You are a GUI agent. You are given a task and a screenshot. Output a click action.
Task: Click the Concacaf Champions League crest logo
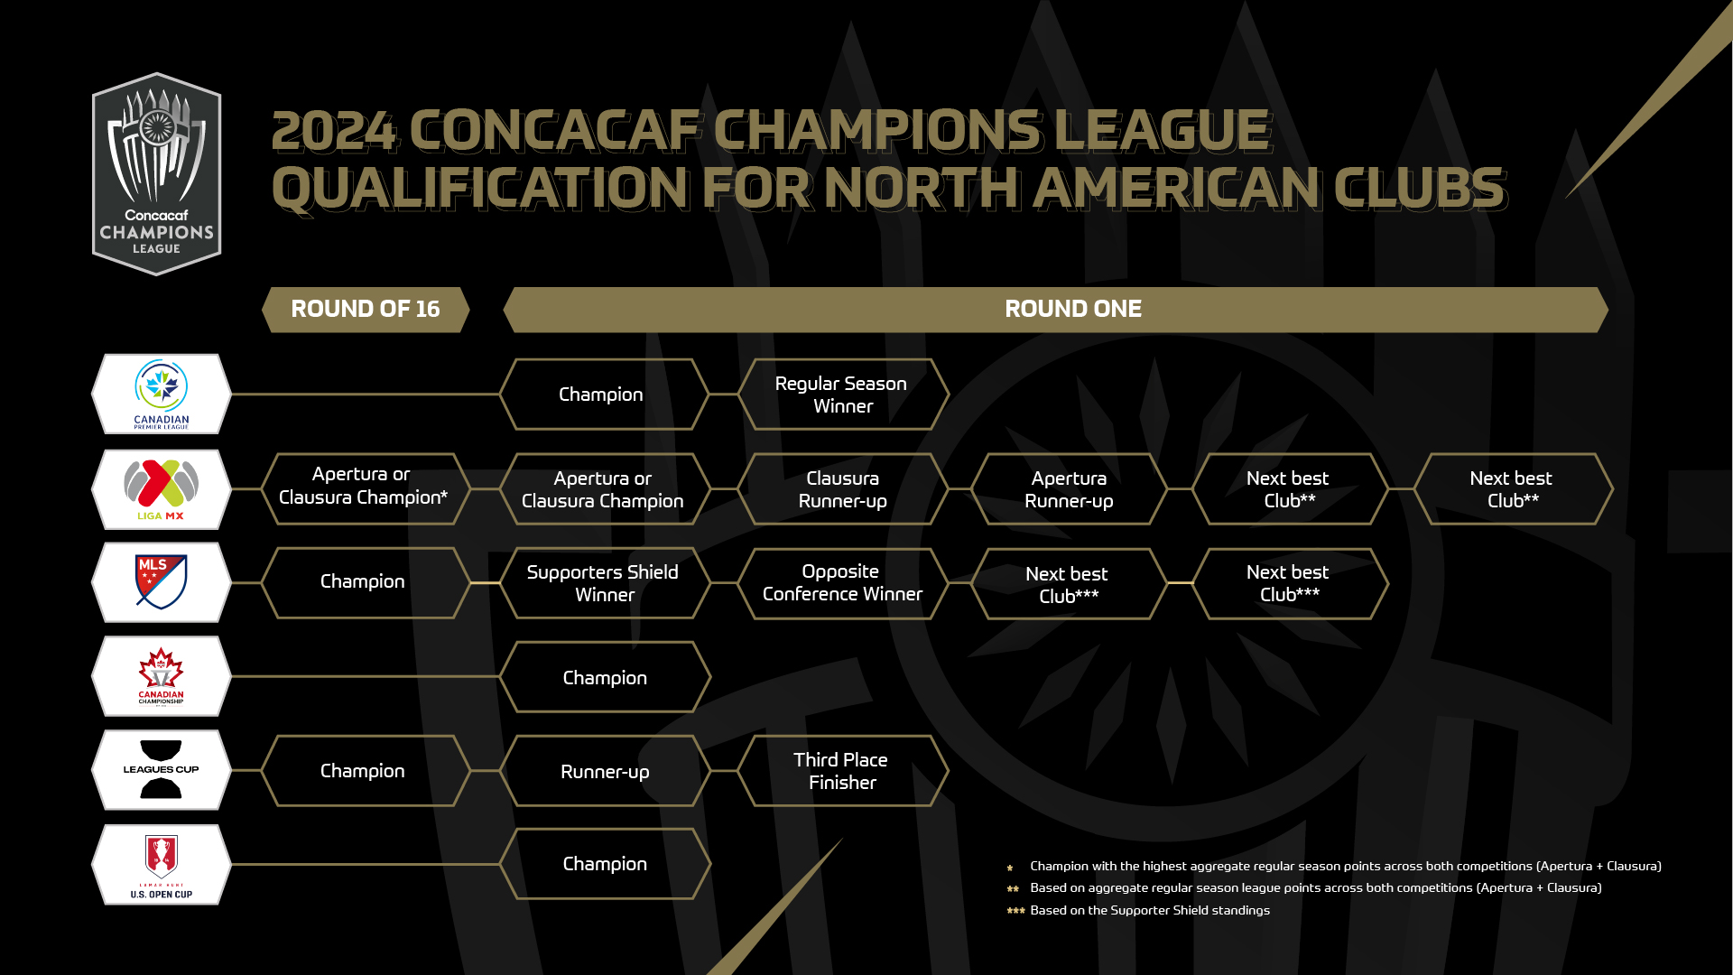pyautogui.click(x=157, y=174)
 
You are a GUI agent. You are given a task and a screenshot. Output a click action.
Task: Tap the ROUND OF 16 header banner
pyautogui.click(x=366, y=310)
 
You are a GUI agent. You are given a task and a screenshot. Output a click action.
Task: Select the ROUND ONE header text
pyautogui.click(x=1073, y=309)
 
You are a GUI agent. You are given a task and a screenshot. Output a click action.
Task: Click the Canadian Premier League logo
pyautogui.click(x=162, y=395)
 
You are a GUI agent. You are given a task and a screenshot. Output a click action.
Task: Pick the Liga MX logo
pyautogui.click(x=162, y=489)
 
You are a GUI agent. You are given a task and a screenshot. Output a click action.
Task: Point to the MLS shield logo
pyautogui.click(x=162, y=582)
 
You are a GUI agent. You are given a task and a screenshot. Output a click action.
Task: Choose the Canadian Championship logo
pyautogui.click(x=162, y=676)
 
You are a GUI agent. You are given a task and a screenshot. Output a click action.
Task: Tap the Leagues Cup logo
pyautogui.click(x=162, y=770)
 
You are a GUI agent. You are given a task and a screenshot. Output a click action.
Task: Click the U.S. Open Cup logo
pyautogui.click(x=162, y=865)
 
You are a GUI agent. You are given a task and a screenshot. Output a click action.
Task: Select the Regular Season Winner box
pyautogui.click(x=843, y=395)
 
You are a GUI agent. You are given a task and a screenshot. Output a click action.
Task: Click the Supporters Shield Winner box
pyautogui.click(x=605, y=583)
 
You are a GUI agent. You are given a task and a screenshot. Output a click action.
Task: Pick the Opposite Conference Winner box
pyautogui.click(x=843, y=583)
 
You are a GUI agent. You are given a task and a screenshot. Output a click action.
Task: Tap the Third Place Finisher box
pyautogui.click(x=843, y=771)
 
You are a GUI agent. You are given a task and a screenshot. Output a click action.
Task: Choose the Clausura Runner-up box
pyautogui.click(x=843, y=489)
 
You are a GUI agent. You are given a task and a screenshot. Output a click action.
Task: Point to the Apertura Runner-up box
pyautogui.click(x=1070, y=489)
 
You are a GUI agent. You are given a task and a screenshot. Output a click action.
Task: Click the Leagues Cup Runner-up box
pyautogui.click(x=605, y=771)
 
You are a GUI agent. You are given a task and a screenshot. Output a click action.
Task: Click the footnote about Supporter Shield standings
pyautogui.click(x=1139, y=910)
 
